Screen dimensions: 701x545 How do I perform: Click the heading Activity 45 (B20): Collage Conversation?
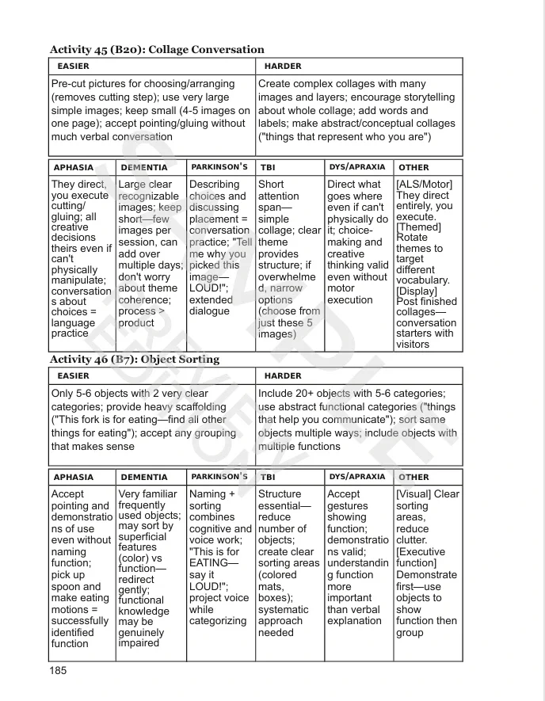[157, 49]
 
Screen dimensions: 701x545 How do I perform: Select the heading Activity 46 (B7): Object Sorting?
[135, 359]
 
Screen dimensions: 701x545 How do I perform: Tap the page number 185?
[59, 670]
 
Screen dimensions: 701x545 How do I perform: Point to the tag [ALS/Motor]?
[424, 185]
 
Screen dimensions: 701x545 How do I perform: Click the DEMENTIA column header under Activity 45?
[144, 168]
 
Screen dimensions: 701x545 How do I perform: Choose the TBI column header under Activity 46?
[268, 478]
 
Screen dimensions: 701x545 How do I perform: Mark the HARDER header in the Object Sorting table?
[283, 375]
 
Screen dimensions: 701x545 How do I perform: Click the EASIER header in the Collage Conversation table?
[74, 66]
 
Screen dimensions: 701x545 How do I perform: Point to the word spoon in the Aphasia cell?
[67, 587]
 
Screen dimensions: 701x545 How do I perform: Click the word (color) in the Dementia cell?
[135, 558]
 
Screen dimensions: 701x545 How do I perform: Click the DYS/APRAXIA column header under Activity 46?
[356, 477]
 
